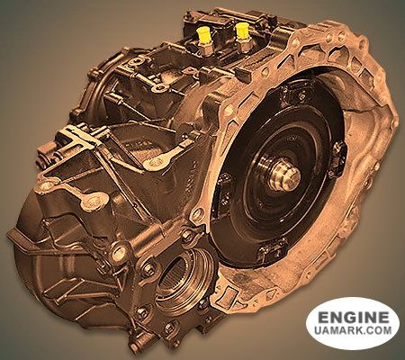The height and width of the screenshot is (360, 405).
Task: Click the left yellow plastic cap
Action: [x=202, y=33]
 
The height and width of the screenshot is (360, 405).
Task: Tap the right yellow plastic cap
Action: [x=242, y=31]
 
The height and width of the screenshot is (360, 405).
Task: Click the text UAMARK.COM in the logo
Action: [x=353, y=330]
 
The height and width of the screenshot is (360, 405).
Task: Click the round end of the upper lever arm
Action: [x=152, y=164]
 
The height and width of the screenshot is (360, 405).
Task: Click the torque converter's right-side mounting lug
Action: [x=339, y=158]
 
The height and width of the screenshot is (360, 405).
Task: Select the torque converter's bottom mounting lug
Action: [x=272, y=251]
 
